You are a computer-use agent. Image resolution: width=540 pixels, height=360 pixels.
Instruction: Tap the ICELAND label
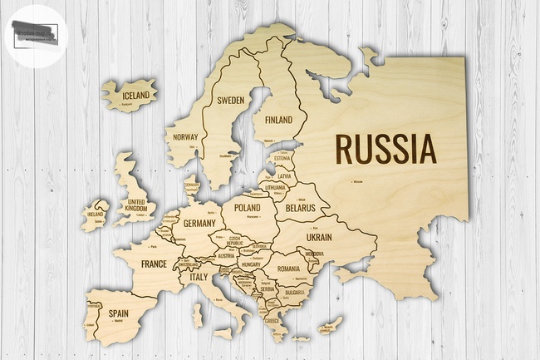(136, 96)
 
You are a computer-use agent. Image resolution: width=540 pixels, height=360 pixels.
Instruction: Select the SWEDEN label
(230, 100)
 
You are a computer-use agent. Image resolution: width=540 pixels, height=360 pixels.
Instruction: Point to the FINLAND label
(279, 120)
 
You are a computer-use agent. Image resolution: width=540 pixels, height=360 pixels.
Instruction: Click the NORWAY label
(184, 137)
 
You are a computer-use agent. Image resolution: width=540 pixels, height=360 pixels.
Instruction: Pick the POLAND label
(248, 207)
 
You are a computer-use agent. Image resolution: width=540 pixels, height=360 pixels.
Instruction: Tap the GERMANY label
(199, 224)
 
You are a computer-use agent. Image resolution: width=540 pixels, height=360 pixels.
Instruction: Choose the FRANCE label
(154, 264)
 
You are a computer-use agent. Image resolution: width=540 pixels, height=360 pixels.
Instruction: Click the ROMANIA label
(288, 269)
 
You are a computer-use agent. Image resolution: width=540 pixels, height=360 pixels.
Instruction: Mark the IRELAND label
(95, 214)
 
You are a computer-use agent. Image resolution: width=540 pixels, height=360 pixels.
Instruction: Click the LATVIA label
(284, 176)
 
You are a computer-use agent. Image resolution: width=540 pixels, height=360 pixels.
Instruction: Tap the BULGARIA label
(295, 293)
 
